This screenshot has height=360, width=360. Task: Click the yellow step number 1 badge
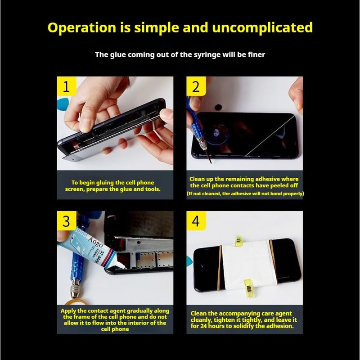click(x=66, y=86)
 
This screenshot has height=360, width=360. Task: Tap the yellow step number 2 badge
click(x=196, y=86)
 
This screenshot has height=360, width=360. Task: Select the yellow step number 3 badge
click(x=66, y=220)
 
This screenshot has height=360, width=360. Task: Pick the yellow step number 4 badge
click(x=196, y=220)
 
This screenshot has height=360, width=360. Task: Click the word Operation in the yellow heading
click(x=82, y=28)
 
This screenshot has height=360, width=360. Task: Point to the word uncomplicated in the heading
click(x=262, y=27)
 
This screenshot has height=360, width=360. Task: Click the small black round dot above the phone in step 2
click(x=218, y=107)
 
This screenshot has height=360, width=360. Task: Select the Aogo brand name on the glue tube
click(x=95, y=242)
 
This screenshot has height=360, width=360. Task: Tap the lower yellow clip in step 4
click(x=248, y=288)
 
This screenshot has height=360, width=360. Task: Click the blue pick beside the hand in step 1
click(x=63, y=105)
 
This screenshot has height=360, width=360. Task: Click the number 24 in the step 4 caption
click(x=204, y=326)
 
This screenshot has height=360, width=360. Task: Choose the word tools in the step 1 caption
click(x=153, y=189)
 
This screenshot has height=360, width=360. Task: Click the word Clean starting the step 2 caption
click(x=197, y=179)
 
